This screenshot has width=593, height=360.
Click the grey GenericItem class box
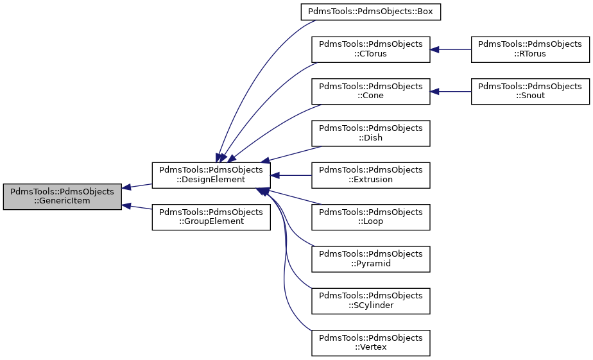pos(62,196)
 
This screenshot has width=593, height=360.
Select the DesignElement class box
pos(211,175)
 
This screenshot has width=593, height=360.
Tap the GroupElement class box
pos(211,218)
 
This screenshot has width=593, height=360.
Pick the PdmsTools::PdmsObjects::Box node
pos(370,12)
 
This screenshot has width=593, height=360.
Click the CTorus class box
pos(370,49)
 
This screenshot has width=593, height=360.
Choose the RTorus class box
pos(529,49)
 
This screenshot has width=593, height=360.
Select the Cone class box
pos(370,91)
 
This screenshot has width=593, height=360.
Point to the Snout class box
pos(529,91)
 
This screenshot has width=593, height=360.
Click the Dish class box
pos(370,133)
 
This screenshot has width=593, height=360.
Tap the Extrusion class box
pos(370,175)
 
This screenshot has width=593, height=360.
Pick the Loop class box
pos(370,218)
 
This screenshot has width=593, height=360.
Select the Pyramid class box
pos(370,259)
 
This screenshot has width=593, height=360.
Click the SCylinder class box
pos(370,301)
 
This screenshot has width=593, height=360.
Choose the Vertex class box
pos(370,343)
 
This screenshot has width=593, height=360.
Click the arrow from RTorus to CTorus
pos(451,49)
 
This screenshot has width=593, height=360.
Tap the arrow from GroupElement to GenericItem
pos(137,209)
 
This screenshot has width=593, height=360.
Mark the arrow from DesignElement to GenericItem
pos(137,186)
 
